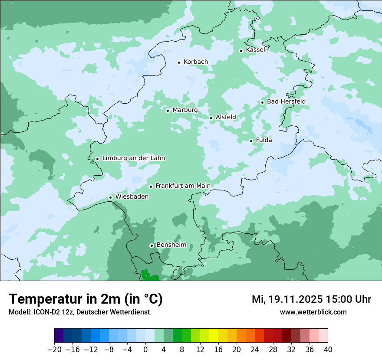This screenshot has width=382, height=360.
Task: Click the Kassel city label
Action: [255, 50]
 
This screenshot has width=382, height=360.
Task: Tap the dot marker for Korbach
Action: [179, 62]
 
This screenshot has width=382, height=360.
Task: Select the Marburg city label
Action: [185, 110]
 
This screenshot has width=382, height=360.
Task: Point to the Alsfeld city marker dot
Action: [211, 118]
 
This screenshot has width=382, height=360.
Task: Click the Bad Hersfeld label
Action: [286, 101]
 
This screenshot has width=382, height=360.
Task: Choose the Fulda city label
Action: [264, 140]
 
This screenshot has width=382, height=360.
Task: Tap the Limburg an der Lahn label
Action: [133, 158]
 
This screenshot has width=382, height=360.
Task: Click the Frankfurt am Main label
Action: [183, 186]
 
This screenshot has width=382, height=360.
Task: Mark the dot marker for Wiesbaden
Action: [111, 197]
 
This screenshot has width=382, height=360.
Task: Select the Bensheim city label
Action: [171, 245]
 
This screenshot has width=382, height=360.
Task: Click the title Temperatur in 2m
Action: [86, 299]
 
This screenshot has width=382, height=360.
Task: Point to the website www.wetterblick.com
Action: [313, 312]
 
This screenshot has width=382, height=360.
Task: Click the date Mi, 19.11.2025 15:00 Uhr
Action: [311, 299]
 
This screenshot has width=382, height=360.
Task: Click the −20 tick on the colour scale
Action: [55, 350]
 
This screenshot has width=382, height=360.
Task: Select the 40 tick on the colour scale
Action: [328, 350]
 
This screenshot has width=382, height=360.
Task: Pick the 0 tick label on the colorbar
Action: [145, 350]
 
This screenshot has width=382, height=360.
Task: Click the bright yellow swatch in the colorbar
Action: [214, 336]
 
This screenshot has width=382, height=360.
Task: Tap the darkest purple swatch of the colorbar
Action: [59, 336]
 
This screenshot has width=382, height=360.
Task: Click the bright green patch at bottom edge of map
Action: [149, 275]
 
